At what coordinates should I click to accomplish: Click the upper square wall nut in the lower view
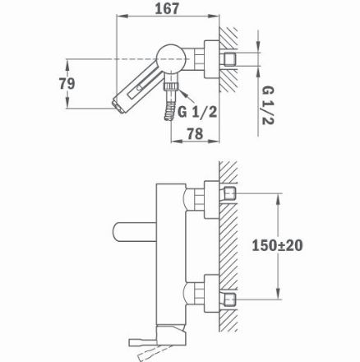[229, 195]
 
